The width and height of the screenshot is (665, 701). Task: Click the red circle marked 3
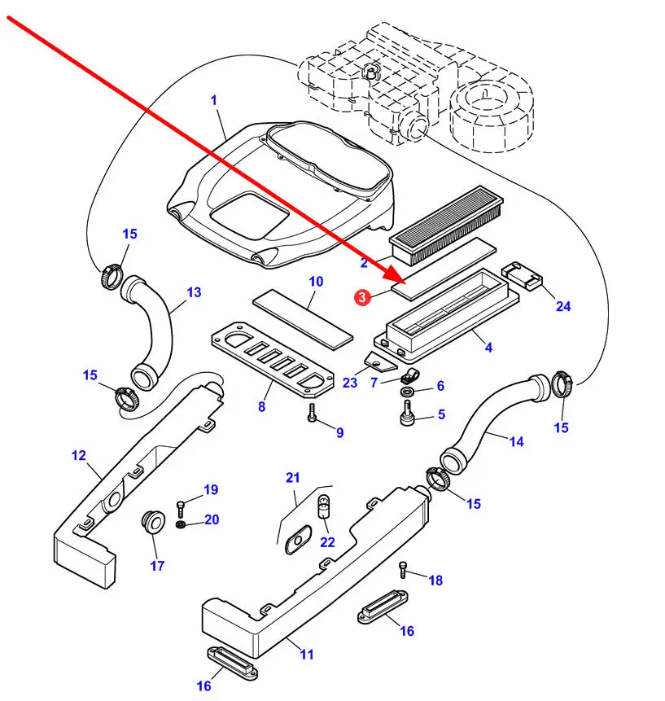362,298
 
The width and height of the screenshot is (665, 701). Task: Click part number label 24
563,307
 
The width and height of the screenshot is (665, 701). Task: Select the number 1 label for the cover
214,100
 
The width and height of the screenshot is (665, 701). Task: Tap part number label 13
193,292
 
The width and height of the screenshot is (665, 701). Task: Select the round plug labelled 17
151,521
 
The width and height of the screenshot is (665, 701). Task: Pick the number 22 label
327,542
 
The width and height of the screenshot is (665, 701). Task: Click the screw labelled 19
181,506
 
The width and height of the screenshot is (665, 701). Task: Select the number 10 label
316,282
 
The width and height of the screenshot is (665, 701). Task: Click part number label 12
78,455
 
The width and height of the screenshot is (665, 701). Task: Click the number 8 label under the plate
261,406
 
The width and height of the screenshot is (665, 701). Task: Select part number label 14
516,441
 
